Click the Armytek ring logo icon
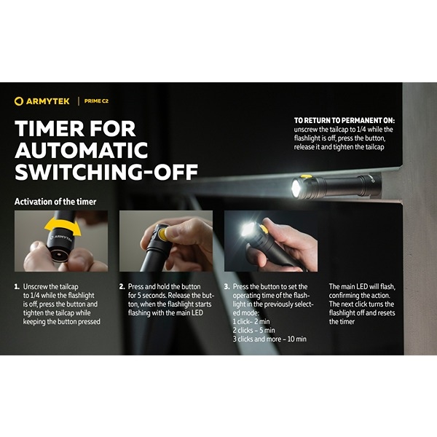pos(18,101)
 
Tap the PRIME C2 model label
pos(96,101)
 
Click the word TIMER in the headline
pos(51,128)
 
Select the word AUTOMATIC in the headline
pos(82,150)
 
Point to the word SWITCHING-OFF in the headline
pos(106,171)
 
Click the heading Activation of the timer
pos(55,202)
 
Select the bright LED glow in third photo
pos(247,229)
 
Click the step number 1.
pos(17,287)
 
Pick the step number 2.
pos(122,287)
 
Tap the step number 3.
pos(227,287)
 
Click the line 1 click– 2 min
pos(251,322)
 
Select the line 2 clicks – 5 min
pos(253,330)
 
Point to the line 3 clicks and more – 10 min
pos(269,339)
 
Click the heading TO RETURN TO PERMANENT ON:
pos(345,120)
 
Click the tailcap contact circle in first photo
pos(60,256)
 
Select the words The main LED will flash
pos(362,286)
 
